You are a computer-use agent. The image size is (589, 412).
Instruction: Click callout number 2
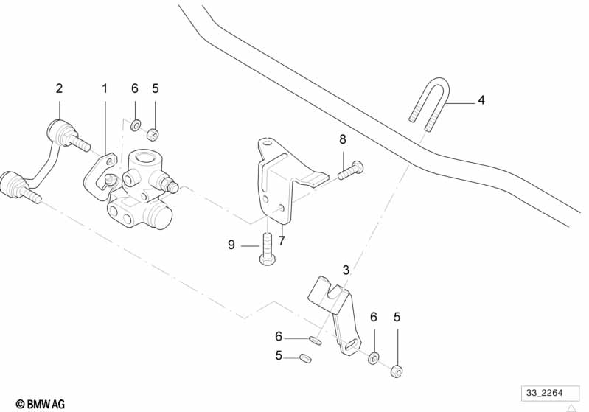pos(60,88)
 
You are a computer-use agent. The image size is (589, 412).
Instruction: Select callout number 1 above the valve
pos(105,88)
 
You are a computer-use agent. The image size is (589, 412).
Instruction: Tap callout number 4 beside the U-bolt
pos(481,100)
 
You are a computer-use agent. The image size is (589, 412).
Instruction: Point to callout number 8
pos(342,139)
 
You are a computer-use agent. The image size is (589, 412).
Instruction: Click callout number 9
pos(231,245)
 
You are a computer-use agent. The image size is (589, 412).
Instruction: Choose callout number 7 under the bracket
pos(282,240)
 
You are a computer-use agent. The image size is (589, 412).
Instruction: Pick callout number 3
pos(345,270)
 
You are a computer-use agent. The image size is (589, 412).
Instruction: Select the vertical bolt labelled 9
pos(266,248)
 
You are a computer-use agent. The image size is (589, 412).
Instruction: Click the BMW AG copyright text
pos(41,404)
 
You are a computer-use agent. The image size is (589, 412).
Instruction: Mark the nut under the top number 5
pos(154,135)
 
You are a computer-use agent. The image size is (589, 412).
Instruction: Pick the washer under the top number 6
pos(135,125)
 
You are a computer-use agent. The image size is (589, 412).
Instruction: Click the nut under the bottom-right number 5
pos(397,371)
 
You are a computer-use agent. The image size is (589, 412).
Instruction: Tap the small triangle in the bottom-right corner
pos(570,405)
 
